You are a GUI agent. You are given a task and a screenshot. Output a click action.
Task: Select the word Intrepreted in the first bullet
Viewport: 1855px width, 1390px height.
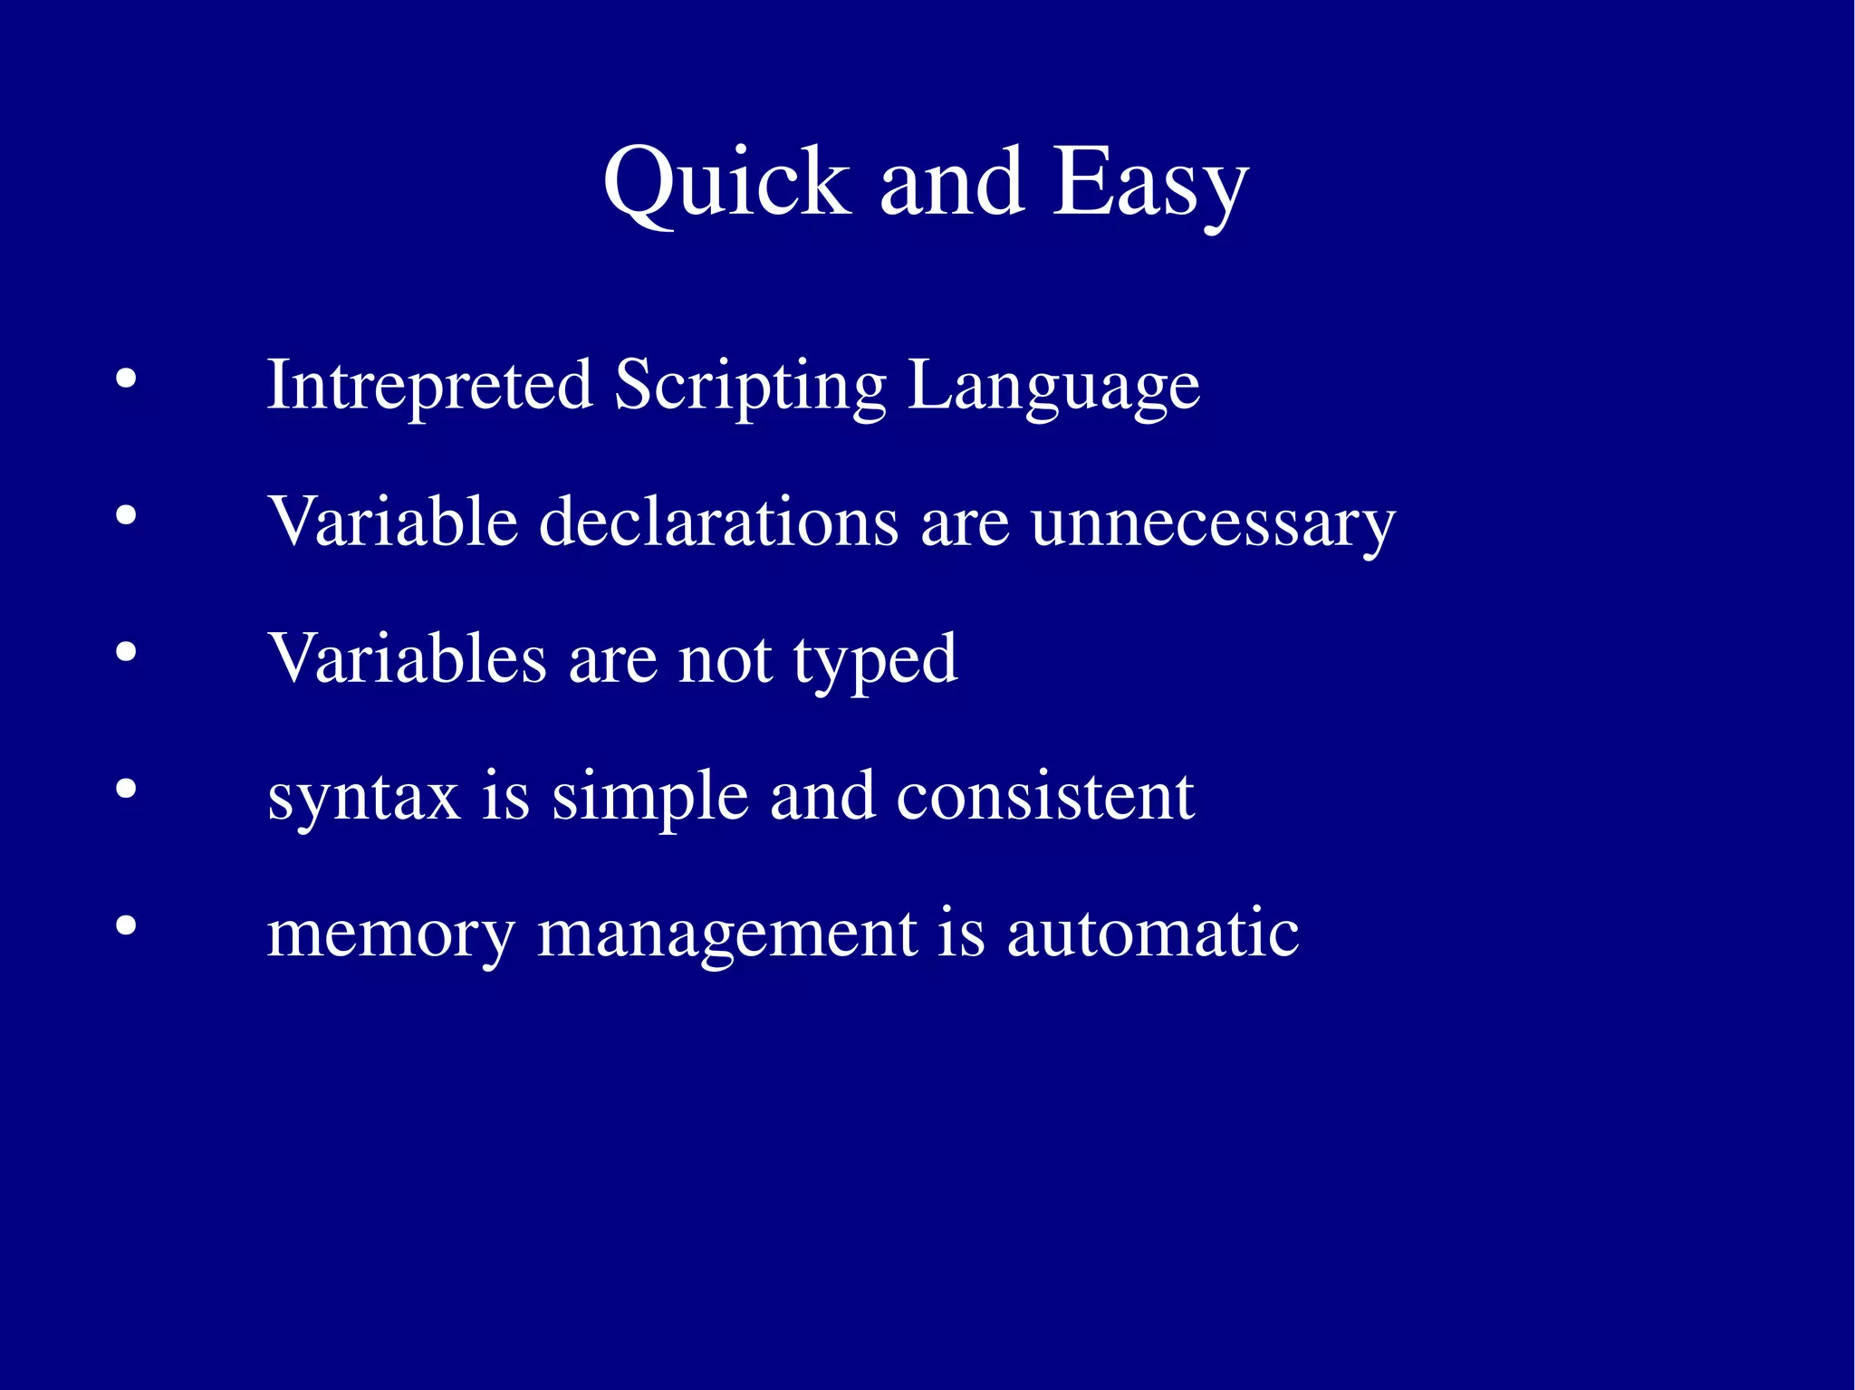click(x=429, y=386)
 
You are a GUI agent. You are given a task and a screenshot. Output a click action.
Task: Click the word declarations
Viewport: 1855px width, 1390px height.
click(x=718, y=522)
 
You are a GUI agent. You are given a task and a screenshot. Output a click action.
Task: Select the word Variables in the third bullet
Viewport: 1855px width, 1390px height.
click(x=407, y=659)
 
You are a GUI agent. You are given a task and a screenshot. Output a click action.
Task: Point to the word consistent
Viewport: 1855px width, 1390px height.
click(x=1045, y=797)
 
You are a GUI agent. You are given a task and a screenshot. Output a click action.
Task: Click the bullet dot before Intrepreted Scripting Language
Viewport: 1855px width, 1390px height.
click(x=126, y=379)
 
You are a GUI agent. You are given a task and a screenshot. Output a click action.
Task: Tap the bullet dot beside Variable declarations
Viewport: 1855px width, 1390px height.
click(x=126, y=516)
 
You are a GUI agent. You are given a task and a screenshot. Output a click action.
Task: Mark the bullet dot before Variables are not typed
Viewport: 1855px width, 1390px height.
click(x=126, y=652)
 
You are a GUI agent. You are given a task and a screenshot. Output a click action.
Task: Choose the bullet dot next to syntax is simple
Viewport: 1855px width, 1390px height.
click(x=126, y=790)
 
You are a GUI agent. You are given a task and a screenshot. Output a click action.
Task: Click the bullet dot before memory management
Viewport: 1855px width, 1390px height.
click(x=126, y=926)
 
